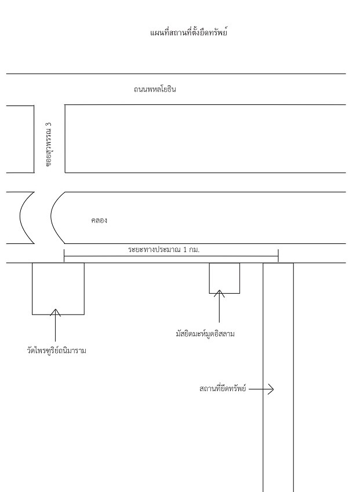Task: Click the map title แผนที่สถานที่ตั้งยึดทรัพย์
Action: (x=188, y=32)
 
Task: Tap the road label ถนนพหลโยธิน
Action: (x=155, y=89)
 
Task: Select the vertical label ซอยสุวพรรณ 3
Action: (x=49, y=144)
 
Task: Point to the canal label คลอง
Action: (x=99, y=220)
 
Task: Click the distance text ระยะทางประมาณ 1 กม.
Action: (x=164, y=250)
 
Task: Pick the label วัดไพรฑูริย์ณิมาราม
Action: (x=56, y=350)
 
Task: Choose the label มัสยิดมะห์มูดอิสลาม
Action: (x=205, y=334)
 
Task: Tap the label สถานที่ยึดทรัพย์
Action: (x=223, y=389)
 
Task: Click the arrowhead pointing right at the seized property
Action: (x=271, y=389)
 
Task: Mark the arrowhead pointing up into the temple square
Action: (x=56, y=312)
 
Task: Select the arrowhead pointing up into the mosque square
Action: (x=219, y=293)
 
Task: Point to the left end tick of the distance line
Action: (x=64, y=256)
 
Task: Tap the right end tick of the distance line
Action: (x=278, y=255)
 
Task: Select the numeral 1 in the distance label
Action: (x=185, y=250)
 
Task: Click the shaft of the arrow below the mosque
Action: (x=219, y=306)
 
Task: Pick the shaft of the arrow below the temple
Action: (x=56, y=325)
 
